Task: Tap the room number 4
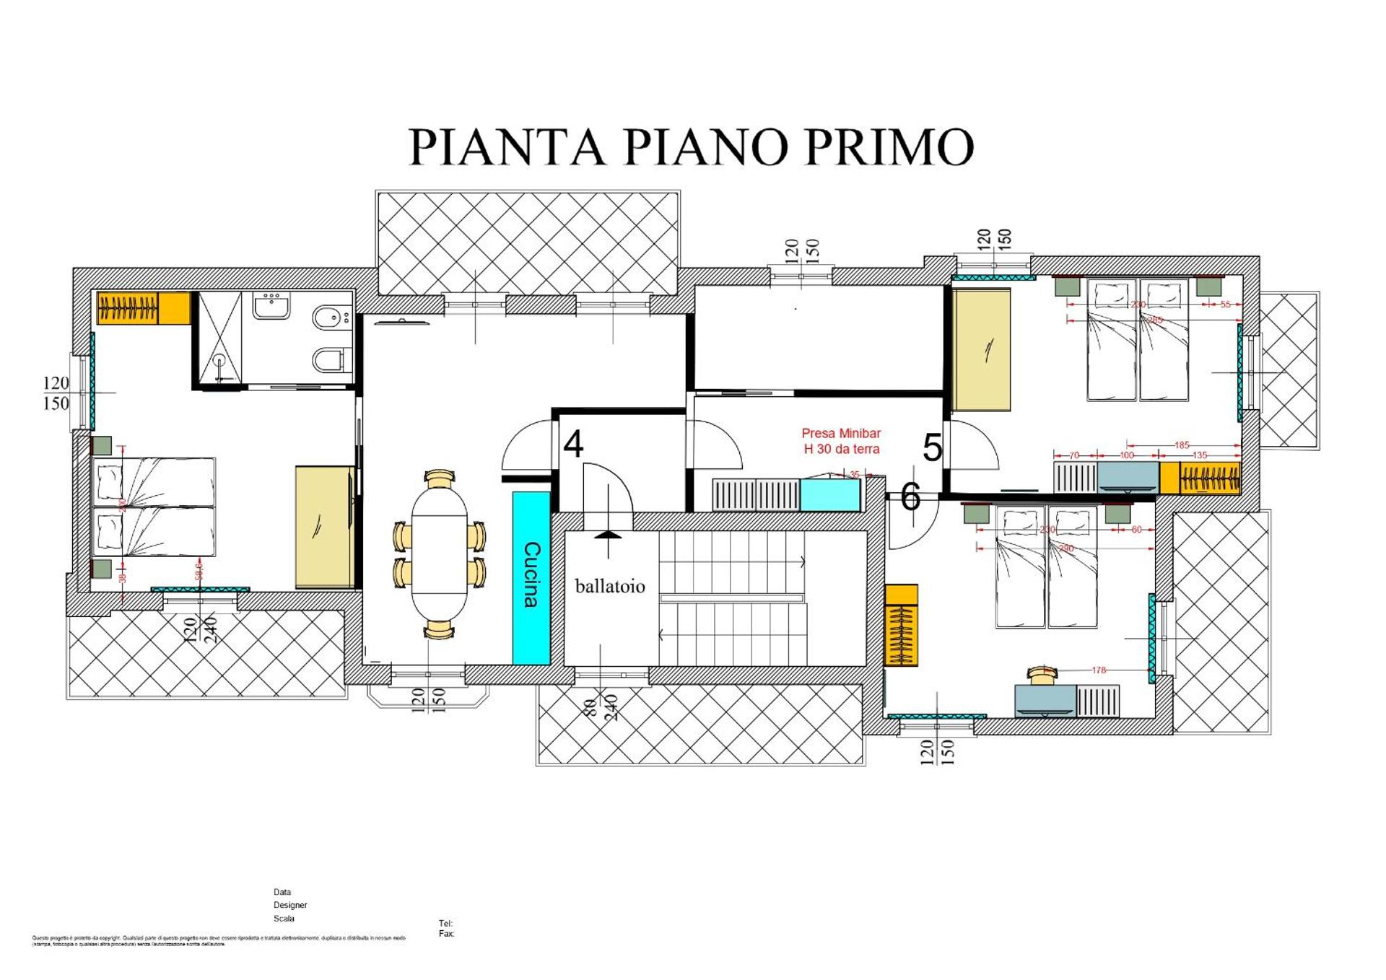(573, 445)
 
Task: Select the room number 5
(932, 448)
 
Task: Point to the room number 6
(910, 497)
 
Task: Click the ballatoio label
(609, 586)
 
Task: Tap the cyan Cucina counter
(531, 577)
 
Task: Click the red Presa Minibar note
(841, 441)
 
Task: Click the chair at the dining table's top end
(440, 478)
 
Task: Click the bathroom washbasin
(271, 305)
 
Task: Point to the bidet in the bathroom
(331, 317)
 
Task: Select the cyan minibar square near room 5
(829, 495)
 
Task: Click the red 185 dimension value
(1181, 445)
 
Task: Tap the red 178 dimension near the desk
(1098, 670)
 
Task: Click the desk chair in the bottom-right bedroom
(1042, 675)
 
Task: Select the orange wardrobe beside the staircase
(901, 625)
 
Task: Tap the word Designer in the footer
(290, 905)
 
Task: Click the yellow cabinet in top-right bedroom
(981, 349)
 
